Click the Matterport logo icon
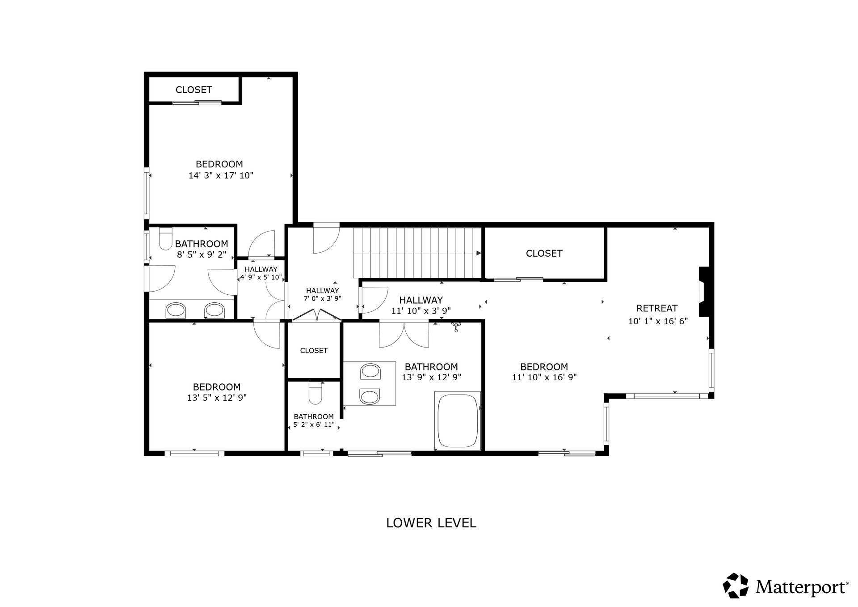[x=736, y=585]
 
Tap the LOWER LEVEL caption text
[x=431, y=523]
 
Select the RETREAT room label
[x=657, y=308]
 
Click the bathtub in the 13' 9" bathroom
[x=457, y=420]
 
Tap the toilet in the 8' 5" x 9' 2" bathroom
[x=166, y=239]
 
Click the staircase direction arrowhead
[x=479, y=253]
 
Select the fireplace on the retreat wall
[x=704, y=292]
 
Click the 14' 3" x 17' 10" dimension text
[x=221, y=176]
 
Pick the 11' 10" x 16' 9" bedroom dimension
[x=544, y=378]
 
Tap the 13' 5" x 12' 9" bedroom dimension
[x=217, y=398]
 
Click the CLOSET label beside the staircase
[x=544, y=254]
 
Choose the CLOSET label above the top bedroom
[x=193, y=90]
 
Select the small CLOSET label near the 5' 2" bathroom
[x=314, y=351]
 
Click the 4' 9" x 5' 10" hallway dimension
[x=261, y=277]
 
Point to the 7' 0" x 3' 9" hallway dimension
[x=323, y=298]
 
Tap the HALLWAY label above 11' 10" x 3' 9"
[x=421, y=300]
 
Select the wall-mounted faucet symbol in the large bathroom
[x=455, y=327]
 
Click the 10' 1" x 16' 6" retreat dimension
[x=658, y=321]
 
